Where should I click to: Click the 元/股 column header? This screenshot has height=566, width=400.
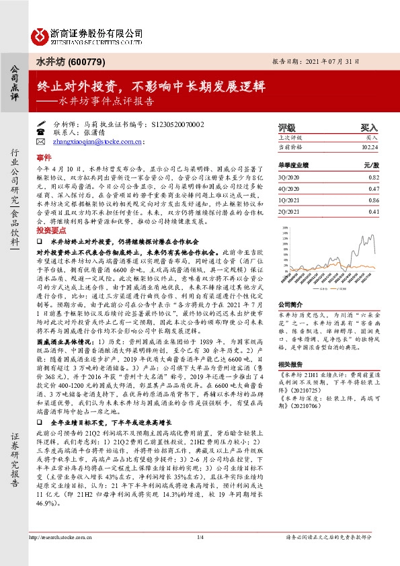[x=371, y=165]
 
